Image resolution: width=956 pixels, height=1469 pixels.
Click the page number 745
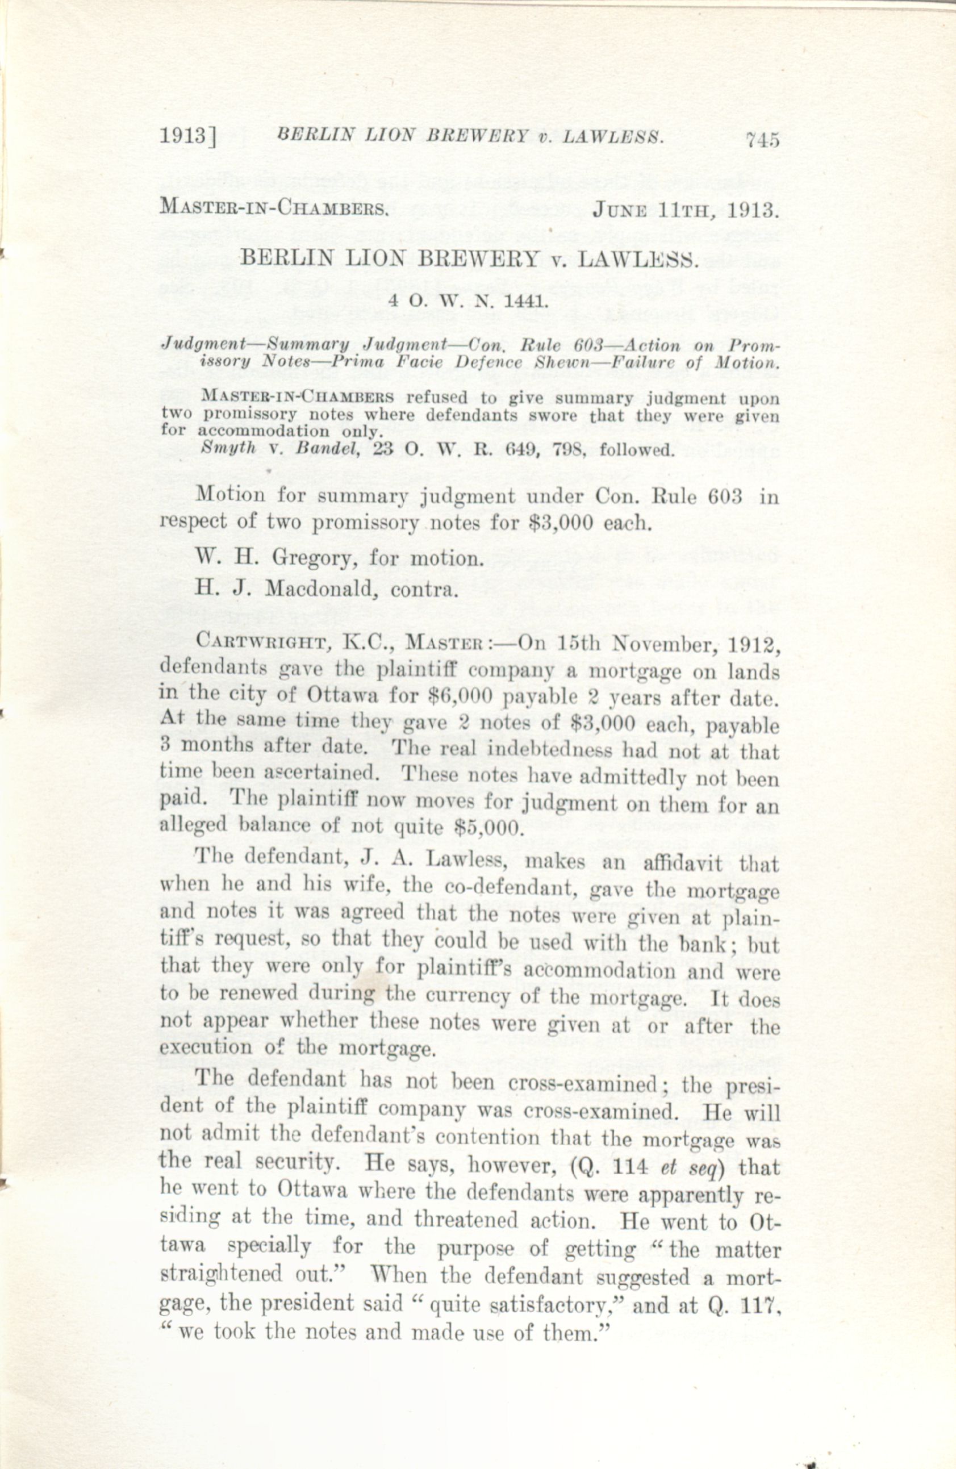coord(763,140)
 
